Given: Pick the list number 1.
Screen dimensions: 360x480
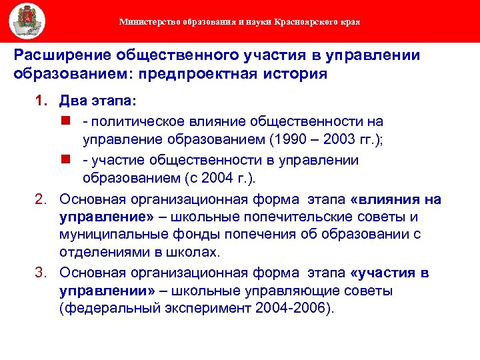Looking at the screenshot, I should (40, 102).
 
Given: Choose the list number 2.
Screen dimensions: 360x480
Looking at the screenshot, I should (40, 200).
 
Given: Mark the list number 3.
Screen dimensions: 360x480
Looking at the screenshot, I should (40, 273).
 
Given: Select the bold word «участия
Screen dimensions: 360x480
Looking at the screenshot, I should (385, 273).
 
